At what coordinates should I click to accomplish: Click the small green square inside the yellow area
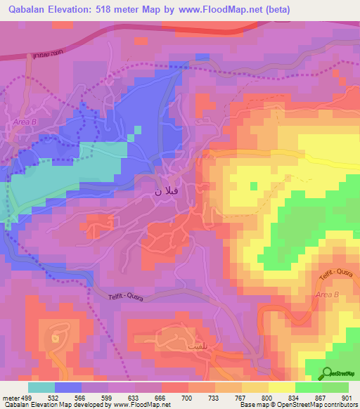click(x=253, y=186)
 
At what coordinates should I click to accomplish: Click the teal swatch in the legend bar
click(x=41, y=387)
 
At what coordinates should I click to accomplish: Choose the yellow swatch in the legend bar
click(x=282, y=387)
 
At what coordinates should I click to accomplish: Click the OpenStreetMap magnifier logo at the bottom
click(x=329, y=373)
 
